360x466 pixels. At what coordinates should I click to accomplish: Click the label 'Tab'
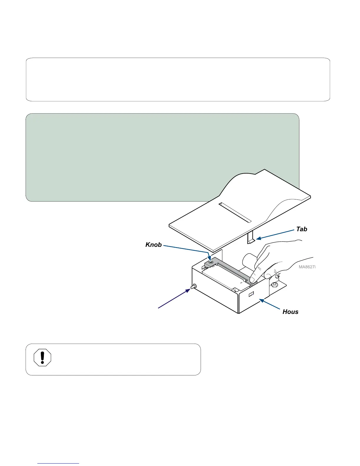click(301, 229)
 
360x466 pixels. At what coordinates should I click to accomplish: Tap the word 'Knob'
click(154, 245)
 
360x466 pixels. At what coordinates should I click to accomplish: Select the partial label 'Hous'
click(290, 312)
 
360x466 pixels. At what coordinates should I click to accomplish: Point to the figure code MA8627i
click(307, 267)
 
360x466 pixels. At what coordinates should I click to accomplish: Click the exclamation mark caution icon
click(43, 358)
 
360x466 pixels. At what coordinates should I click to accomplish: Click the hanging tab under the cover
click(250, 238)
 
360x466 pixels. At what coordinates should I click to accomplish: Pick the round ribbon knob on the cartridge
click(211, 262)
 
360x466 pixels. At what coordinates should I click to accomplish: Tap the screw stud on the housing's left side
click(194, 286)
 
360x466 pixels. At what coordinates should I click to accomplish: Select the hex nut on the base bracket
click(274, 284)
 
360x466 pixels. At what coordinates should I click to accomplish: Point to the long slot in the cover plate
click(235, 212)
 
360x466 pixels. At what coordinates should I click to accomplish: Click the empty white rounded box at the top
click(178, 79)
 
